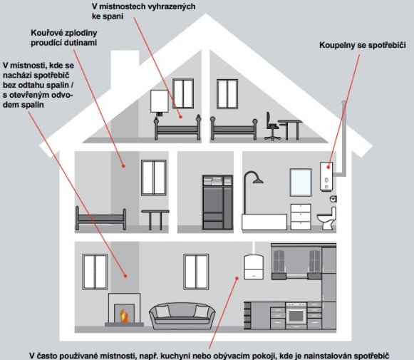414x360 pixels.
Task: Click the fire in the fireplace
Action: click(124, 316)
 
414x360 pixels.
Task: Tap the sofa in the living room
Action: click(182, 316)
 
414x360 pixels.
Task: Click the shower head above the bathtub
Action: click(258, 180)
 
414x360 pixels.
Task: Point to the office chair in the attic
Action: click(272, 126)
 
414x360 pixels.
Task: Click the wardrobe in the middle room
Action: click(217, 202)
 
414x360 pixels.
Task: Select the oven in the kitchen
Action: click(296, 315)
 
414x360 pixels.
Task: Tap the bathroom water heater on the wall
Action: click(326, 176)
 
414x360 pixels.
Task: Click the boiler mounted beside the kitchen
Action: click(254, 267)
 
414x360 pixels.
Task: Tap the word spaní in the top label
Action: click(115, 16)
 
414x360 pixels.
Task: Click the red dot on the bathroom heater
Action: click(328, 167)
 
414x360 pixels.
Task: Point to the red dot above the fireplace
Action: click(125, 276)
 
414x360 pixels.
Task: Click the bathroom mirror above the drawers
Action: click(301, 182)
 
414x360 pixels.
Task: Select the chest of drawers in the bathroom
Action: click(301, 217)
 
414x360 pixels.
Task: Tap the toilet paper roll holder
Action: click(333, 199)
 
